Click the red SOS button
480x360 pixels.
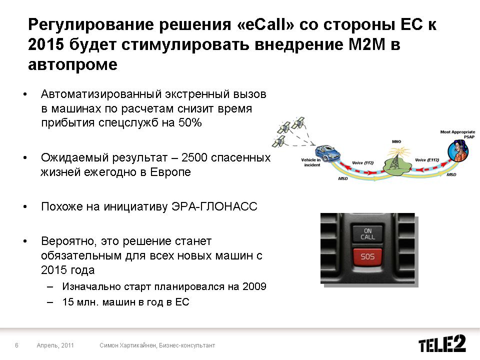pyautogui.click(x=367, y=256)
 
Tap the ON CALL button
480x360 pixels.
pyautogui.click(x=367, y=234)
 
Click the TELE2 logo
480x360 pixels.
pyautogui.click(x=442, y=343)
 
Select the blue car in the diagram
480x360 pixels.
pyautogui.click(x=327, y=153)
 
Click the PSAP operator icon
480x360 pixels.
pyautogui.click(x=458, y=150)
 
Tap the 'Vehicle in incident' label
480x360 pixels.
pyautogui.click(x=311, y=162)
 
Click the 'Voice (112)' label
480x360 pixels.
pyautogui.click(x=363, y=162)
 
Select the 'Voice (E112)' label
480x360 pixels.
pyautogui.click(x=427, y=160)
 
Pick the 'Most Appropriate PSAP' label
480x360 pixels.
pyautogui.click(x=457, y=134)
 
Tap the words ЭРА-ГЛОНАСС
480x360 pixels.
pyautogui.click(x=214, y=206)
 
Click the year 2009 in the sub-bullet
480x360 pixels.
pyautogui.click(x=254, y=286)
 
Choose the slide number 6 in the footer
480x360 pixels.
pyautogui.click(x=17, y=345)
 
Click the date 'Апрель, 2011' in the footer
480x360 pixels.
pyautogui.click(x=55, y=345)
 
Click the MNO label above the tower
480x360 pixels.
pyautogui.click(x=396, y=141)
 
